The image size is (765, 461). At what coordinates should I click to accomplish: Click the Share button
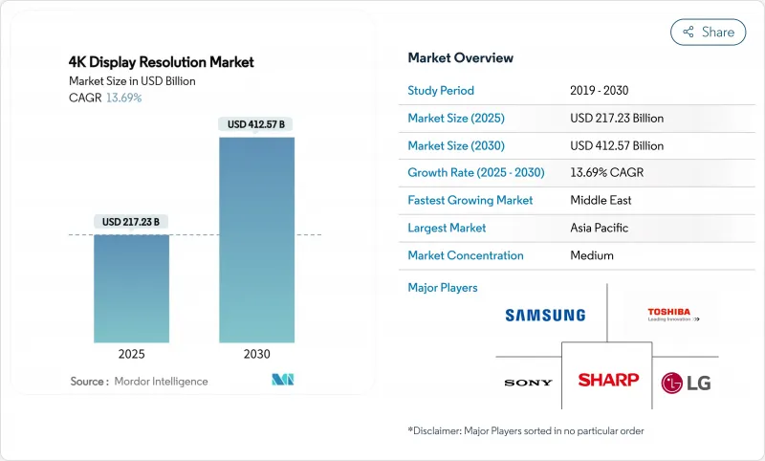coord(708,32)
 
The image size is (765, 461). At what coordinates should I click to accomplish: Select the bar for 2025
coord(132,288)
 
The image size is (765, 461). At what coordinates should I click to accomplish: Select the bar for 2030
coord(256,239)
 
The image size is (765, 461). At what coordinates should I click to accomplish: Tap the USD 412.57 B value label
coord(256,124)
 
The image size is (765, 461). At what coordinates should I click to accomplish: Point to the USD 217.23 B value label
coord(132,222)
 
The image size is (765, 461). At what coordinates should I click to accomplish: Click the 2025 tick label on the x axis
coord(132,353)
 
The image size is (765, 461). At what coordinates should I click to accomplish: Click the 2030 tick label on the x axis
coord(256,353)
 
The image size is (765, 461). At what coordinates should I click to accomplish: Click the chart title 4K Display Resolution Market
coord(162,62)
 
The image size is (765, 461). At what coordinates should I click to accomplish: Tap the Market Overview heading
coord(460,58)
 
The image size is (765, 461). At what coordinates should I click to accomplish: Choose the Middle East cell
coord(602,201)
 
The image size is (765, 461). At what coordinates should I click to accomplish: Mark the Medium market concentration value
coord(592,255)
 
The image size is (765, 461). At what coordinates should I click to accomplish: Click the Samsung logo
coord(544,315)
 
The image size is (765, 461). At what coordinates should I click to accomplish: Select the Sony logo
coord(528,383)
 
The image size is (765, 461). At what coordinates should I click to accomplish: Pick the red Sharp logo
coord(608,380)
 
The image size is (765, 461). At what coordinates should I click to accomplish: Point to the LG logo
coord(686,383)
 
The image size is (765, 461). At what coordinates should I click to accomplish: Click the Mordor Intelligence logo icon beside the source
coord(282,380)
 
